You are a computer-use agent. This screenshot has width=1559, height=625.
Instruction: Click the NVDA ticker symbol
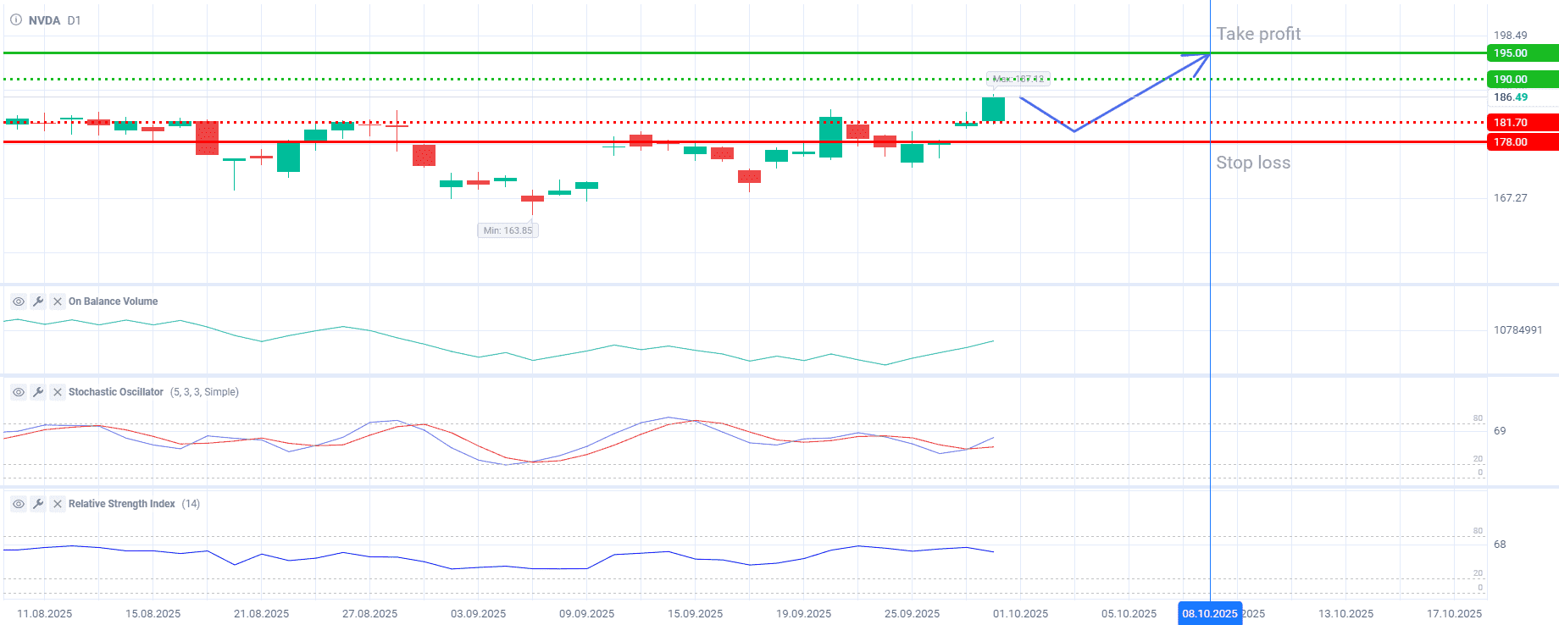(44, 20)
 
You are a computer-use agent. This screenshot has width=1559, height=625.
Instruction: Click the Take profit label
(1258, 34)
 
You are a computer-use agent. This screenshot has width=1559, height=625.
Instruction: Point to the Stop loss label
(1253, 163)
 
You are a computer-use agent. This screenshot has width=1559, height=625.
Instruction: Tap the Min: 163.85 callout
(508, 230)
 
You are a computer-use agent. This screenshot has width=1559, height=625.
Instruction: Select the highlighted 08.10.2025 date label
(1210, 614)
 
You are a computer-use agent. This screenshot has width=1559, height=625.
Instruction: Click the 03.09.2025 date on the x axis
(478, 614)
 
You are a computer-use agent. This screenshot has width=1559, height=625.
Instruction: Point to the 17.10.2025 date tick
(1454, 614)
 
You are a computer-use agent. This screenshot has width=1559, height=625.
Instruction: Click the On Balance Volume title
(113, 301)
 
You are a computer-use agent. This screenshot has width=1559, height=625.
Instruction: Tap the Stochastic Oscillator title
(116, 392)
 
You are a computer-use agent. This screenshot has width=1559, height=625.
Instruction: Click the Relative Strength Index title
(122, 504)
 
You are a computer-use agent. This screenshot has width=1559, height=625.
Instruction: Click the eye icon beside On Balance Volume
(18, 301)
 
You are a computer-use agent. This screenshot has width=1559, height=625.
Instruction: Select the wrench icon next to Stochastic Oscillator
(38, 392)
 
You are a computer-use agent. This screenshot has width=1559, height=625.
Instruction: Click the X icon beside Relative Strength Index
(58, 504)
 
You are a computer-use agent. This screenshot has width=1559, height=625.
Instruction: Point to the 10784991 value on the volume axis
(1517, 330)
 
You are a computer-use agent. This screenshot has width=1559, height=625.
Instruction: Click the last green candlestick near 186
(993, 109)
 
